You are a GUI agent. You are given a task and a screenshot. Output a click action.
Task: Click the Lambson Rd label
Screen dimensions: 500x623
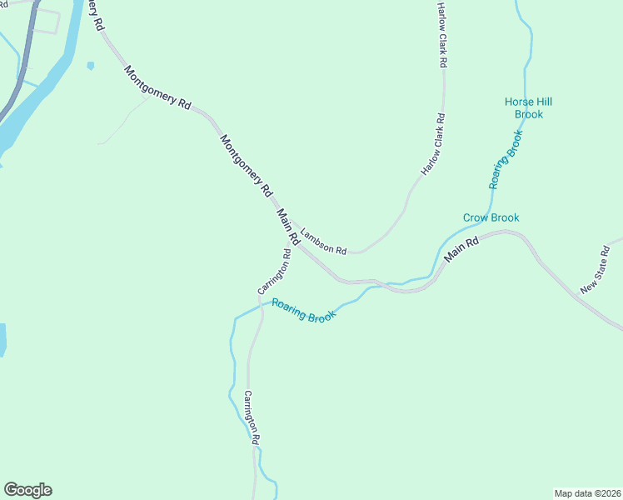(323, 242)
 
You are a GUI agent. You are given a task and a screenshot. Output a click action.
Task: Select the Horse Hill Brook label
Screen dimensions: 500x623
(528, 107)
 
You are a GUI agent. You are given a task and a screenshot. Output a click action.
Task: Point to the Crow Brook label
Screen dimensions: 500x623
(491, 217)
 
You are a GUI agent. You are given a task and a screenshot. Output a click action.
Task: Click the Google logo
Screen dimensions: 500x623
(27, 490)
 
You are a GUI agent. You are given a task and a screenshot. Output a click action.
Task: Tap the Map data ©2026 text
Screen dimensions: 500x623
(587, 492)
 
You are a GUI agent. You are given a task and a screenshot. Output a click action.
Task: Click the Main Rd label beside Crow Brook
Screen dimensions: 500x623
(462, 251)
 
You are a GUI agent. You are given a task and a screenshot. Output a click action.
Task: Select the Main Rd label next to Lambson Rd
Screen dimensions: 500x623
(288, 226)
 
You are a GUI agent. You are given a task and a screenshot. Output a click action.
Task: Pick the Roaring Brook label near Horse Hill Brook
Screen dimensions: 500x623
(506, 158)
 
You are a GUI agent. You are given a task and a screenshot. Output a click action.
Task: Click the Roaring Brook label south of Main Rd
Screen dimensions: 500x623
(303, 311)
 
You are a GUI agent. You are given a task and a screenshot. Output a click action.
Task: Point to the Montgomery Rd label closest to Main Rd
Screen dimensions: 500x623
(247, 164)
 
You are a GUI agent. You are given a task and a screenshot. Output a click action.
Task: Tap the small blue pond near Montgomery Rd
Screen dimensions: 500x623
(90, 65)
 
